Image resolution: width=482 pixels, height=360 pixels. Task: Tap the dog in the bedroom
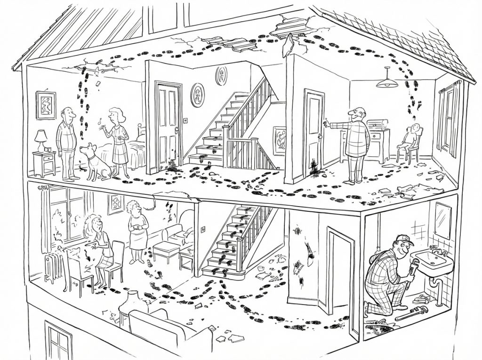(x=95, y=161)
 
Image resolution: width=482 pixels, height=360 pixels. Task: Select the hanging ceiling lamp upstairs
(x=387, y=82)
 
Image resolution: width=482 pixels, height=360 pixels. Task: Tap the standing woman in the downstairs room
(x=137, y=231)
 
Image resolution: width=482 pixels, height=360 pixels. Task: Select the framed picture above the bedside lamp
(x=46, y=104)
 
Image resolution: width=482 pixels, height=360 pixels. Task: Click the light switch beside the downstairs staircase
(x=203, y=229)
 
